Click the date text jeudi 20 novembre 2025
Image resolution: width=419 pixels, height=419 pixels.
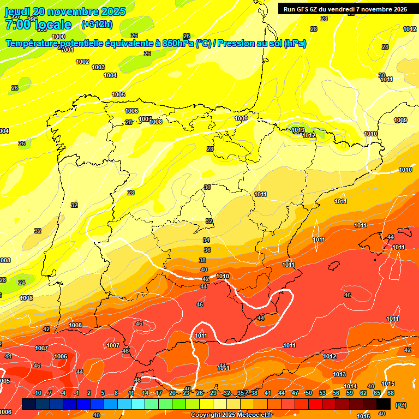pyautogui.click(x=65, y=11)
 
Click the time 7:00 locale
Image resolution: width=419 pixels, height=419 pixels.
pyautogui.click(x=38, y=25)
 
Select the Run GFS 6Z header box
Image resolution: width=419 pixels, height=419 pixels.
pyautogui.click(x=345, y=9)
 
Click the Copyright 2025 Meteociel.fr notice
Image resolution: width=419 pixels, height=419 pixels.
pyautogui.click(x=232, y=415)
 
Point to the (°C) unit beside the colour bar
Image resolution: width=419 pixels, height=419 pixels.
pyautogui.click(x=400, y=405)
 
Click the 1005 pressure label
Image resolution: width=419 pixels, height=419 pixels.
pyautogui.click(x=118, y=94)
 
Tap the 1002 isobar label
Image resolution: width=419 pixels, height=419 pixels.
pyautogui.click(x=82, y=62)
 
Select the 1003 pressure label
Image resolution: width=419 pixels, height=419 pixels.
pyautogui.click(x=98, y=67)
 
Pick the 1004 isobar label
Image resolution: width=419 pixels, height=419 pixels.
pyautogui.click(x=110, y=75)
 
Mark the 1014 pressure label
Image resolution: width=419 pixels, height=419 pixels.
pyautogui.click(x=350, y=386)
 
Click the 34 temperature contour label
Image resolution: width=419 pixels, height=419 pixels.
pyautogui.click(x=206, y=240)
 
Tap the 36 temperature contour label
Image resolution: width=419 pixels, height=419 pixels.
pyautogui.click(x=207, y=250)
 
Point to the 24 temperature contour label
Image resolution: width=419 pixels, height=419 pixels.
pyautogui.click(x=22, y=283)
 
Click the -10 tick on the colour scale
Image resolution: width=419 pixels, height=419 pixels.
pyautogui.click(x=37, y=393)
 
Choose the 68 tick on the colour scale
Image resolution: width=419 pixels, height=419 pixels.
pyautogui.click(x=391, y=393)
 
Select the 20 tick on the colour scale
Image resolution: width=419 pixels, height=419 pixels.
pyautogui.click(x=172, y=393)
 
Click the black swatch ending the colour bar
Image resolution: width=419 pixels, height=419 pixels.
pyautogui.click(x=384, y=404)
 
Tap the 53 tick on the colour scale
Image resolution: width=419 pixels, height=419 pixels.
pyautogui.click(x=322, y=393)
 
